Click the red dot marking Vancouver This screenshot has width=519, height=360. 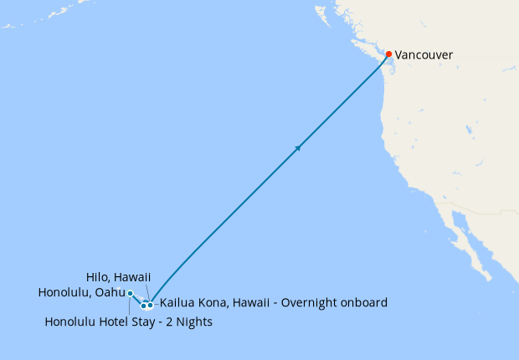click(x=388, y=54)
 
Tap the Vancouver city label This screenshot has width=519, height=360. click(x=424, y=55)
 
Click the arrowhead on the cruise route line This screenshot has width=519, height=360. click(x=298, y=148)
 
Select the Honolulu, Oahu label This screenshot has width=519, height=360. click(x=81, y=292)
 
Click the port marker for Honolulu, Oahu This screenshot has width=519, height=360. click(x=131, y=293)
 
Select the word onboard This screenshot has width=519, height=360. click(x=361, y=302)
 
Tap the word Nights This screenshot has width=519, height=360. click(x=195, y=321)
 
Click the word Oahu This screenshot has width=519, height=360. click(x=110, y=292)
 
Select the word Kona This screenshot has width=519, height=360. click(x=213, y=302)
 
